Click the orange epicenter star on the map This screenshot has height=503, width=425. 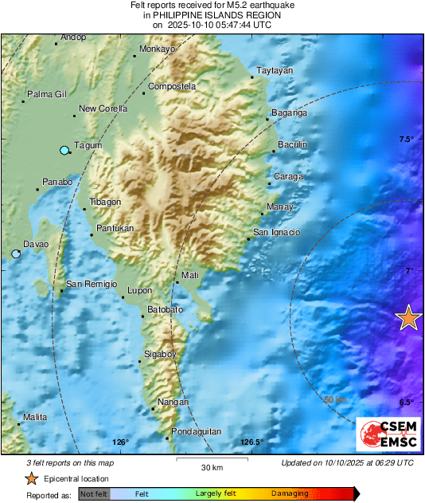pyautogui.click(x=408, y=318)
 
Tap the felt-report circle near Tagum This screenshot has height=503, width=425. pyautogui.click(x=64, y=151)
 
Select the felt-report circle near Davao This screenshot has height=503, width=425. pyautogui.click(x=16, y=254)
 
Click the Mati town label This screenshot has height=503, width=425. pyautogui.click(x=190, y=275)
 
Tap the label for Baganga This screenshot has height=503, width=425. pyautogui.click(x=290, y=112)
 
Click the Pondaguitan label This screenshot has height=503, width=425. pyautogui.click(x=195, y=431)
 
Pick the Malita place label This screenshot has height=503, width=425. pyautogui.click(x=35, y=417)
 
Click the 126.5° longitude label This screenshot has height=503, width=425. pyautogui.click(x=251, y=443)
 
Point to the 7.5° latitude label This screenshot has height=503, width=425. pyautogui.click(x=407, y=140)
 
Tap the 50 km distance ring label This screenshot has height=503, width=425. pyautogui.click(x=335, y=399)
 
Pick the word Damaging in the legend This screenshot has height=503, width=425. pyautogui.click(x=289, y=494)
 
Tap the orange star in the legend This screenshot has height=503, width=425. pyautogui.click(x=30, y=479)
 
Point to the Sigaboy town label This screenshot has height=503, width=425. pyautogui.click(x=160, y=352)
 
